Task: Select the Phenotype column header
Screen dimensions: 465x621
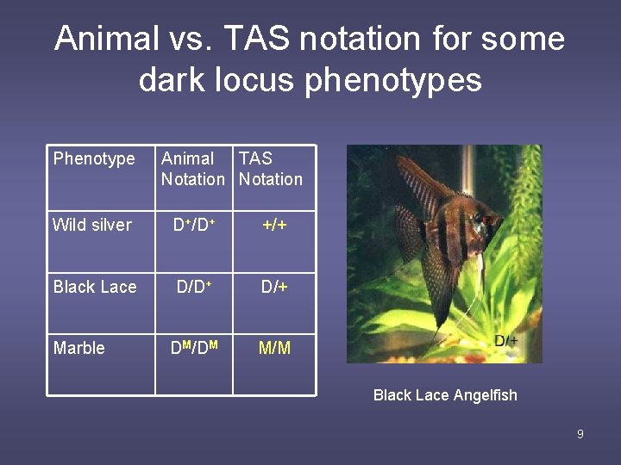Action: coord(94,158)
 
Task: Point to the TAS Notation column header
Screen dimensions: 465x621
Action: coord(270,169)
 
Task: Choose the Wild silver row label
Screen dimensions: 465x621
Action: coord(92,225)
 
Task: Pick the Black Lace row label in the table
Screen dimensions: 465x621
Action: coord(95,287)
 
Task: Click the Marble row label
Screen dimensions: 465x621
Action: coord(79,348)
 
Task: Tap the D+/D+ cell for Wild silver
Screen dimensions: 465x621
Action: coord(194,225)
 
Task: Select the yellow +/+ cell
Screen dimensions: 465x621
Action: coord(275,225)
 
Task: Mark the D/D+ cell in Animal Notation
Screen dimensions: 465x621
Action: coord(194,287)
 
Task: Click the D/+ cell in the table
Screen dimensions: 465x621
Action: coord(275,287)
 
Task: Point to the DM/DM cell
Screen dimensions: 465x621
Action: coord(194,348)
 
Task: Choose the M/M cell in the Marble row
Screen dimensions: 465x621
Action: coord(275,348)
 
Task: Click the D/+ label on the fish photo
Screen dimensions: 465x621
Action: coord(506,342)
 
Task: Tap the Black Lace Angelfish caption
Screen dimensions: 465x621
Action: coord(445,395)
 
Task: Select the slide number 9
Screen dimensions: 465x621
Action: coord(580,434)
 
